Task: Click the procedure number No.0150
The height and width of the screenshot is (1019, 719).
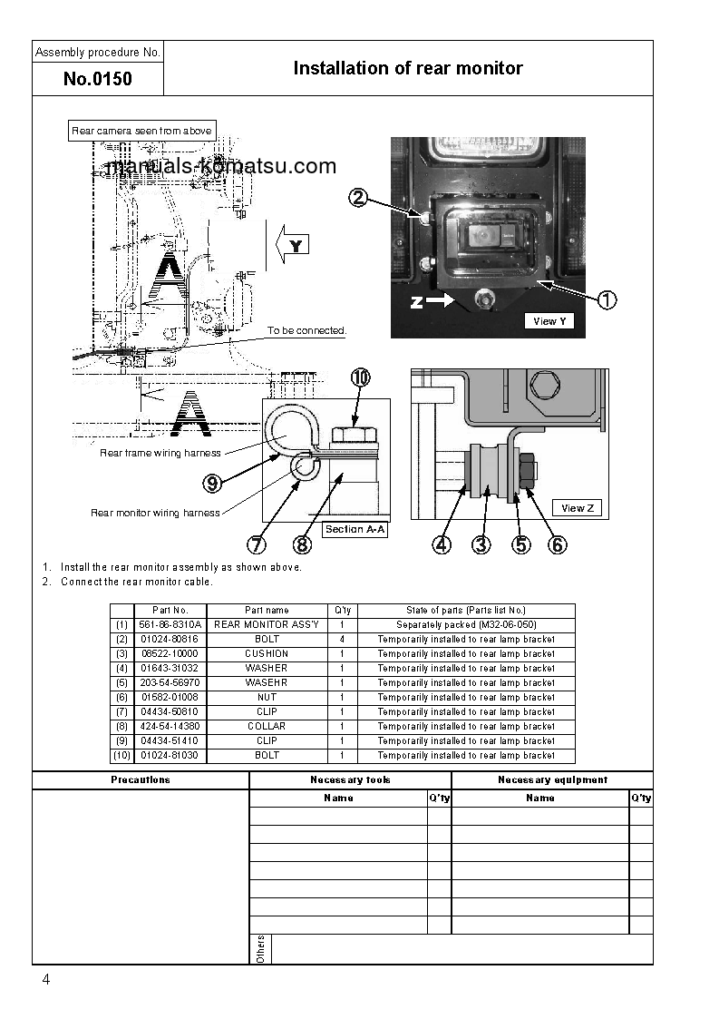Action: pos(98,79)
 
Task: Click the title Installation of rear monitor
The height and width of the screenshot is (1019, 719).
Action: pos(408,68)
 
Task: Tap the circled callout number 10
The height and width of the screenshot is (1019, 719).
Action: pos(360,378)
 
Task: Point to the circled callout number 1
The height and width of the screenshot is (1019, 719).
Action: pos(607,299)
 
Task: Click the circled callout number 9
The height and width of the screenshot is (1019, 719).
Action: pos(212,484)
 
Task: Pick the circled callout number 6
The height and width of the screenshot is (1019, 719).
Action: pos(559,544)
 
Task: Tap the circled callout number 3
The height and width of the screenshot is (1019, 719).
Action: pos(481,544)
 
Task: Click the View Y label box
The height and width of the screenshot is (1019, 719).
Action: pos(549,321)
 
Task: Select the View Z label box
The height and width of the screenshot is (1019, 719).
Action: pos(578,508)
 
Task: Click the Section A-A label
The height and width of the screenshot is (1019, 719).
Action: pos(355,529)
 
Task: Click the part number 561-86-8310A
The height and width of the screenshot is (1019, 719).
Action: pos(170,625)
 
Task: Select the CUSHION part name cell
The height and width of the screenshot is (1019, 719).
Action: pos(267,654)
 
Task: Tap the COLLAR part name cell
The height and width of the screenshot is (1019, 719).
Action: pos(267,727)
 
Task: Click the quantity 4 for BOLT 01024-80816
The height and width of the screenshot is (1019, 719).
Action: pos(342,640)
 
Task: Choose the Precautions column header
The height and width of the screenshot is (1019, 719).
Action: pos(141,780)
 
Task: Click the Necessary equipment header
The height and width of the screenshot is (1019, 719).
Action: pos(552,780)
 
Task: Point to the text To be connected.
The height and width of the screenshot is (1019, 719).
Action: pos(306,330)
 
